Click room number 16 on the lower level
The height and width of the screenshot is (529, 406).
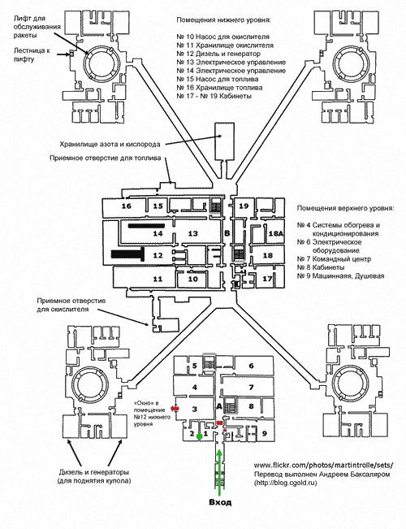[x=127, y=206]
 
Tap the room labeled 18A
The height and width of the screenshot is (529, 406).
[x=275, y=233]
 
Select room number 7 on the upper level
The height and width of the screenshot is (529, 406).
[x=251, y=388]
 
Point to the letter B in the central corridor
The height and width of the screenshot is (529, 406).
[x=227, y=233]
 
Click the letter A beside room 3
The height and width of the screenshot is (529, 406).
[x=219, y=406]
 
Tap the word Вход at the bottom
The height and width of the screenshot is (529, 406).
[x=220, y=502]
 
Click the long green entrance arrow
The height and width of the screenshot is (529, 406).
[x=220, y=471]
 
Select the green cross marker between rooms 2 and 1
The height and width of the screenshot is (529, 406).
[x=200, y=436]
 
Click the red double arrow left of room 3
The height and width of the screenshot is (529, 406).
[x=175, y=409]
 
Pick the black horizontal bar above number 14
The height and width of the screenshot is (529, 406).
[x=146, y=226]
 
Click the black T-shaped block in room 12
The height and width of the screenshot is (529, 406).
[x=127, y=254]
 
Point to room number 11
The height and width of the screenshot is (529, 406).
[x=158, y=280]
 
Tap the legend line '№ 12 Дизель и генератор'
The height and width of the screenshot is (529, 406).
[x=218, y=54]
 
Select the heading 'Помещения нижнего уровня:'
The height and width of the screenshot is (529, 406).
[x=223, y=20]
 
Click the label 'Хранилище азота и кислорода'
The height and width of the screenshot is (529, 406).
[x=110, y=145]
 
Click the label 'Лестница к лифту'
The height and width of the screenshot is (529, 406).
[x=32, y=55]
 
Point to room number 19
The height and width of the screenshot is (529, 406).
[x=244, y=206]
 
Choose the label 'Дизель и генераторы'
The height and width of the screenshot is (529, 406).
[x=94, y=472]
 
